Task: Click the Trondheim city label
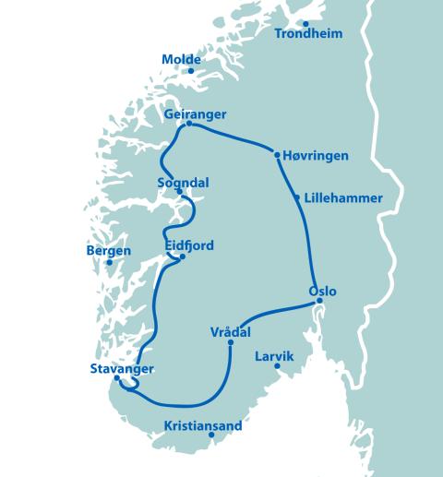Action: tap(309, 34)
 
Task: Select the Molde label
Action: tap(181, 60)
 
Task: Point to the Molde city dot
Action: tap(191, 71)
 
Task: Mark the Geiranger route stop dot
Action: tap(188, 124)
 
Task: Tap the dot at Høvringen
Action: tap(277, 155)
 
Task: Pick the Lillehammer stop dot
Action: tap(296, 197)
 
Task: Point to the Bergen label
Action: tap(109, 251)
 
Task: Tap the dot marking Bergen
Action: tap(109, 262)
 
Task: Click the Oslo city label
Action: tap(322, 292)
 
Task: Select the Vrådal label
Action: tap(230, 332)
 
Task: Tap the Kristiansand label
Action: tap(202, 426)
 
